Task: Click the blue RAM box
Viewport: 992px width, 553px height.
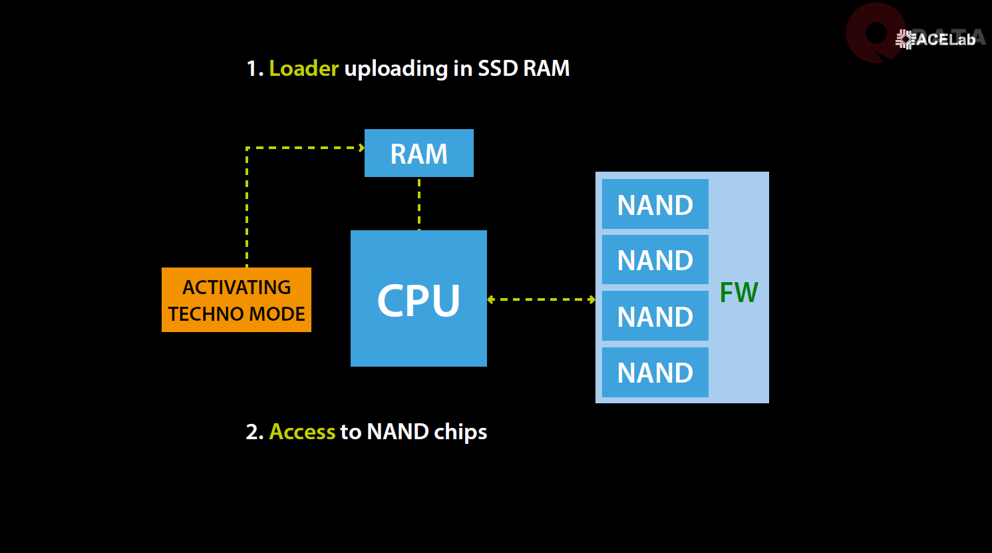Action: pos(418,153)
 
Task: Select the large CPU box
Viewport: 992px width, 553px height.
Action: pos(418,298)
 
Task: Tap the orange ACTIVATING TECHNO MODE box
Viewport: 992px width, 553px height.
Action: pos(236,299)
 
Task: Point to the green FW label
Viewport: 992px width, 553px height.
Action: pos(739,293)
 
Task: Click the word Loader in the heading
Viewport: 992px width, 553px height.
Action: pos(303,69)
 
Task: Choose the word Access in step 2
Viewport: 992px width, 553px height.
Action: pos(302,432)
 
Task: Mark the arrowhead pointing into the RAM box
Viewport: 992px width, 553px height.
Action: pos(361,148)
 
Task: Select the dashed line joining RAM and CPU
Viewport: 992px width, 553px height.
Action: pos(419,204)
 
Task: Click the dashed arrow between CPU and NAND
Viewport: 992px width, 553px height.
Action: pos(541,299)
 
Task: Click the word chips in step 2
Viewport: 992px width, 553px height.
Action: pos(460,433)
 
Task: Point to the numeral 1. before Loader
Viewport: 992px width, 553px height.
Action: pos(255,69)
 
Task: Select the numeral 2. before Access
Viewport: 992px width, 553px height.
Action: pos(255,432)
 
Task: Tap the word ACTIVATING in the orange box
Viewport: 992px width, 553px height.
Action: pos(236,287)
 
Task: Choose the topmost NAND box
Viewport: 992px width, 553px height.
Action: pos(655,204)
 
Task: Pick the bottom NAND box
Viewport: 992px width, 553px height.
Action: pos(655,372)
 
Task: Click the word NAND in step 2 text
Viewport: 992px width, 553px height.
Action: pos(397,432)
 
